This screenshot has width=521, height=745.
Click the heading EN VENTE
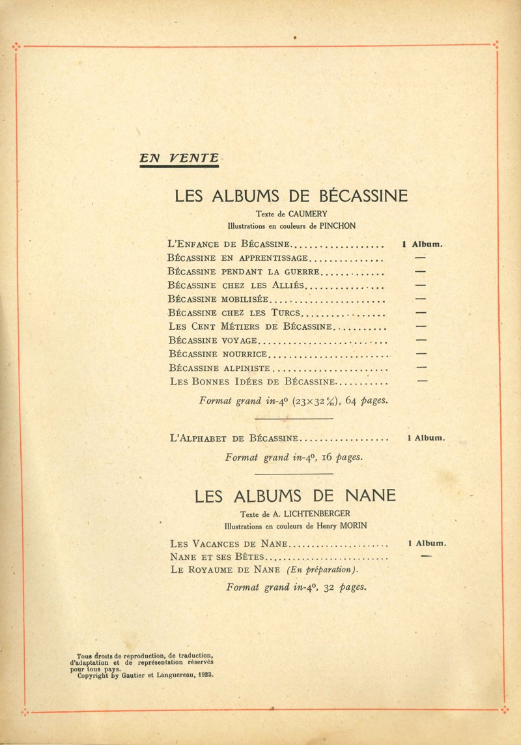(179, 158)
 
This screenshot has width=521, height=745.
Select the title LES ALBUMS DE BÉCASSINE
(291, 196)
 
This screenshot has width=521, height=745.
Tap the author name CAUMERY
(309, 214)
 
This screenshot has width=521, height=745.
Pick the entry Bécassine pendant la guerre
(244, 272)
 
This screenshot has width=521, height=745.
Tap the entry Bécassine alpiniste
(214, 368)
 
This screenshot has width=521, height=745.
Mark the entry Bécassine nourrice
(218, 354)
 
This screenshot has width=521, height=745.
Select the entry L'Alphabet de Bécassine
(233, 439)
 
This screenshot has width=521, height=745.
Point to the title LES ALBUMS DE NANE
(295, 496)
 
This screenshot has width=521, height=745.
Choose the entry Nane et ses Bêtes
(218, 557)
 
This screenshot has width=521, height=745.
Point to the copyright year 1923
(203, 676)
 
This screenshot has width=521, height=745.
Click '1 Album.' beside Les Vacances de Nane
(426, 543)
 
